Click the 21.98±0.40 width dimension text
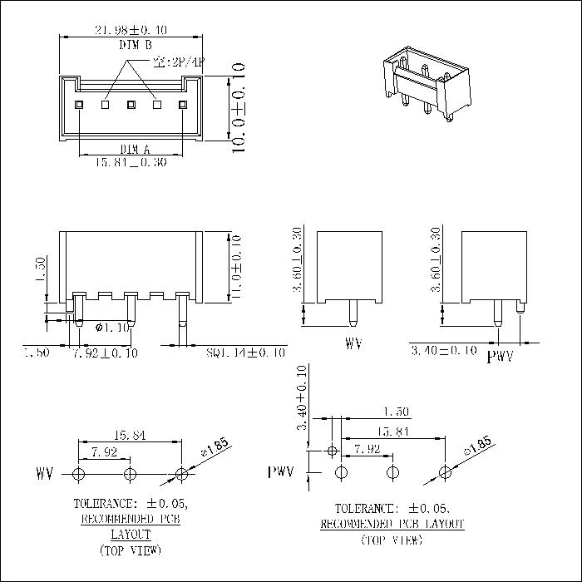[x=131, y=30]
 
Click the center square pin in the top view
[x=131, y=105]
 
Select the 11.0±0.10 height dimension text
[x=237, y=267]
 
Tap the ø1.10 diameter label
[x=111, y=328]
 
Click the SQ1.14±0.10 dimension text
[x=245, y=353]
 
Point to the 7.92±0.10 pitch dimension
[x=106, y=353]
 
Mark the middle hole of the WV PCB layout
[x=130, y=475]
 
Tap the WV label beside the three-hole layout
[x=44, y=475]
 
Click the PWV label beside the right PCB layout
[x=281, y=472]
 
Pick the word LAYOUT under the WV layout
[x=130, y=534]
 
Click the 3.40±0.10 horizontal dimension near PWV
[x=444, y=351]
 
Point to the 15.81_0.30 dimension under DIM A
[x=131, y=162]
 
